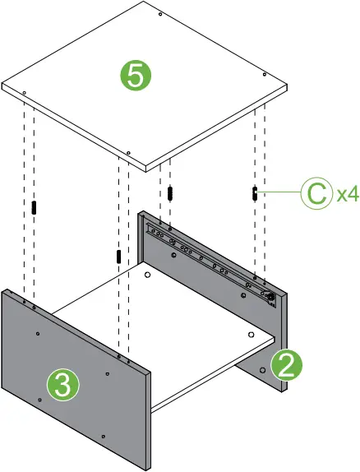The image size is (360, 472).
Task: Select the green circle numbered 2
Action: click(x=284, y=364)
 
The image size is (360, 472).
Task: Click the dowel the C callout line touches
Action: click(x=256, y=192)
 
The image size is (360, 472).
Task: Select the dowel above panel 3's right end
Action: click(x=119, y=257)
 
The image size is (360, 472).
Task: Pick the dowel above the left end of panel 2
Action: click(x=170, y=193)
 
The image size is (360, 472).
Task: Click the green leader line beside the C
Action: click(x=279, y=192)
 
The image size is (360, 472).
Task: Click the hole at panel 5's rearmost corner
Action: click(x=159, y=15)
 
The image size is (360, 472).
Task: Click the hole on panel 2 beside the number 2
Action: click(x=262, y=371)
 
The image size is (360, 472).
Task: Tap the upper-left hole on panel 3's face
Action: click(x=38, y=333)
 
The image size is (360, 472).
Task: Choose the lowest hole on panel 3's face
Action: click(x=102, y=435)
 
